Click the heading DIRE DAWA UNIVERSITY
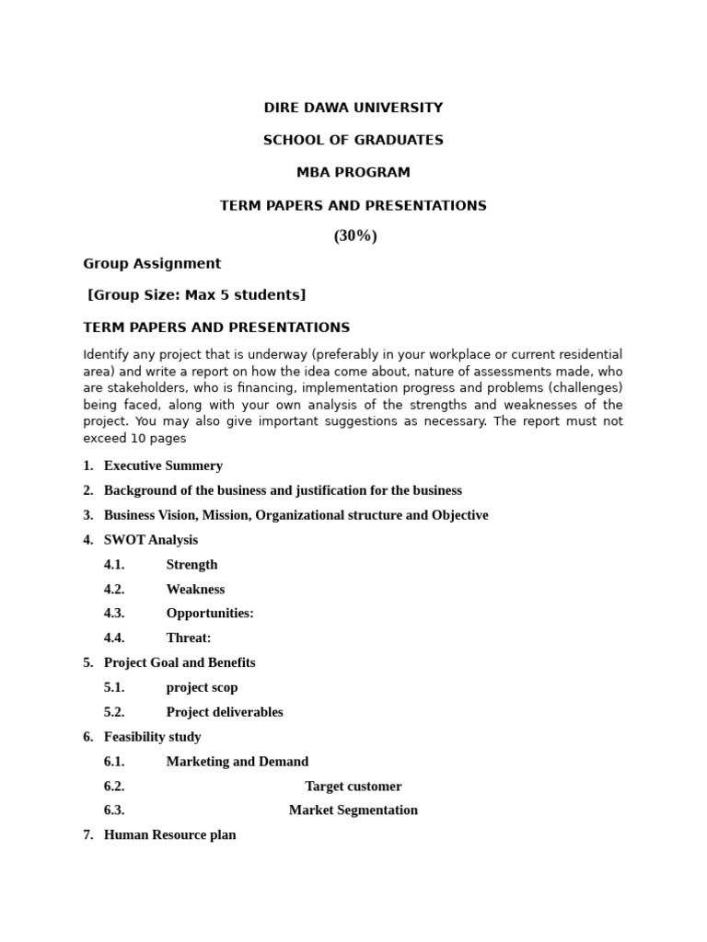point(353,108)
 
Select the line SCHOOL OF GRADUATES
point(353,140)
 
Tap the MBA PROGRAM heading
point(353,172)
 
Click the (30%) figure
point(355,236)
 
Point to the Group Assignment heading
point(152,264)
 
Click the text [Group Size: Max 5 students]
point(196,295)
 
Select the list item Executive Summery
point(163,466)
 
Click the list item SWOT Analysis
point(151,540)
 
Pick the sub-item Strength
point(191,565)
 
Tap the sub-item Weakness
point(195,590)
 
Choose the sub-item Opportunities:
point(210,614)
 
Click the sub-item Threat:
point(189,638)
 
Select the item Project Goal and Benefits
point(180,662)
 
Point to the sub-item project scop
point(202,687)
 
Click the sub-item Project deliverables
point(225,712)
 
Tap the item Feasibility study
point(152,737)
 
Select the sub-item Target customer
point(353,787)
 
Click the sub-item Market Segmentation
point(353,810)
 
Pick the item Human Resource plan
point(170,835)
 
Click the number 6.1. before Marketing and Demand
point(114,762)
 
